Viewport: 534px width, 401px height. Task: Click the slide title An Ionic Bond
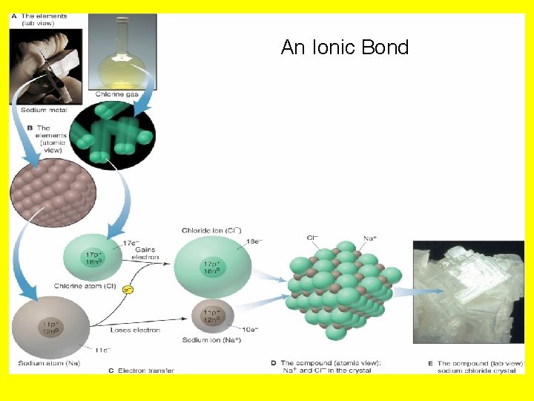point(345,48)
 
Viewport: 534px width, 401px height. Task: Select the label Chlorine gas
point(118,94)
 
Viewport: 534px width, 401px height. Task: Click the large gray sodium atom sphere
point(49,326)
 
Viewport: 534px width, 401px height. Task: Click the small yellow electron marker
point(128,290)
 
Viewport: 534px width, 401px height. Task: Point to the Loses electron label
point(134,330)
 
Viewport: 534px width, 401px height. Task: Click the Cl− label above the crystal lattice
point(312,238)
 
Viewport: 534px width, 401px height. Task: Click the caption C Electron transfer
point(142,370)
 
